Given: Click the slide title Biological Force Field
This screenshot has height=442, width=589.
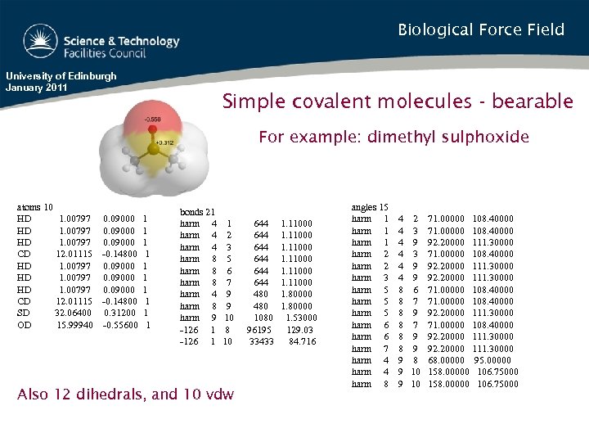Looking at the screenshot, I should click(481, 30).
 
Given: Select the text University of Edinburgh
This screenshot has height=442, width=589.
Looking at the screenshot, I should click(61, 76).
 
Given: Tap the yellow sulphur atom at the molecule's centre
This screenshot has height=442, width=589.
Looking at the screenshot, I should click(153, 150).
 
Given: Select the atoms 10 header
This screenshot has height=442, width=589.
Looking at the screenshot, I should click(35, 208).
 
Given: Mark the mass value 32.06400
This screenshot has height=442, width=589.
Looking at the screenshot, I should click(73, 313).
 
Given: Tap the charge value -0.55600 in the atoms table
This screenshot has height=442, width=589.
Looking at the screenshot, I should click(120, 325).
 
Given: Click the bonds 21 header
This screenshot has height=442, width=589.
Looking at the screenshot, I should click(197, 212).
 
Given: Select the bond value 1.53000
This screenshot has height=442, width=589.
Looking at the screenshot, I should click(301, 318).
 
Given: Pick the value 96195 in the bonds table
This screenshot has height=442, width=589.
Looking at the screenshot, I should click(259, 330).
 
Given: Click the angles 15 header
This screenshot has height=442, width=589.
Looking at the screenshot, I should click(369, 208).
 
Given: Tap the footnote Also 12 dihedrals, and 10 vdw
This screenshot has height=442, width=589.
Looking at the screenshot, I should click(125, 395).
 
